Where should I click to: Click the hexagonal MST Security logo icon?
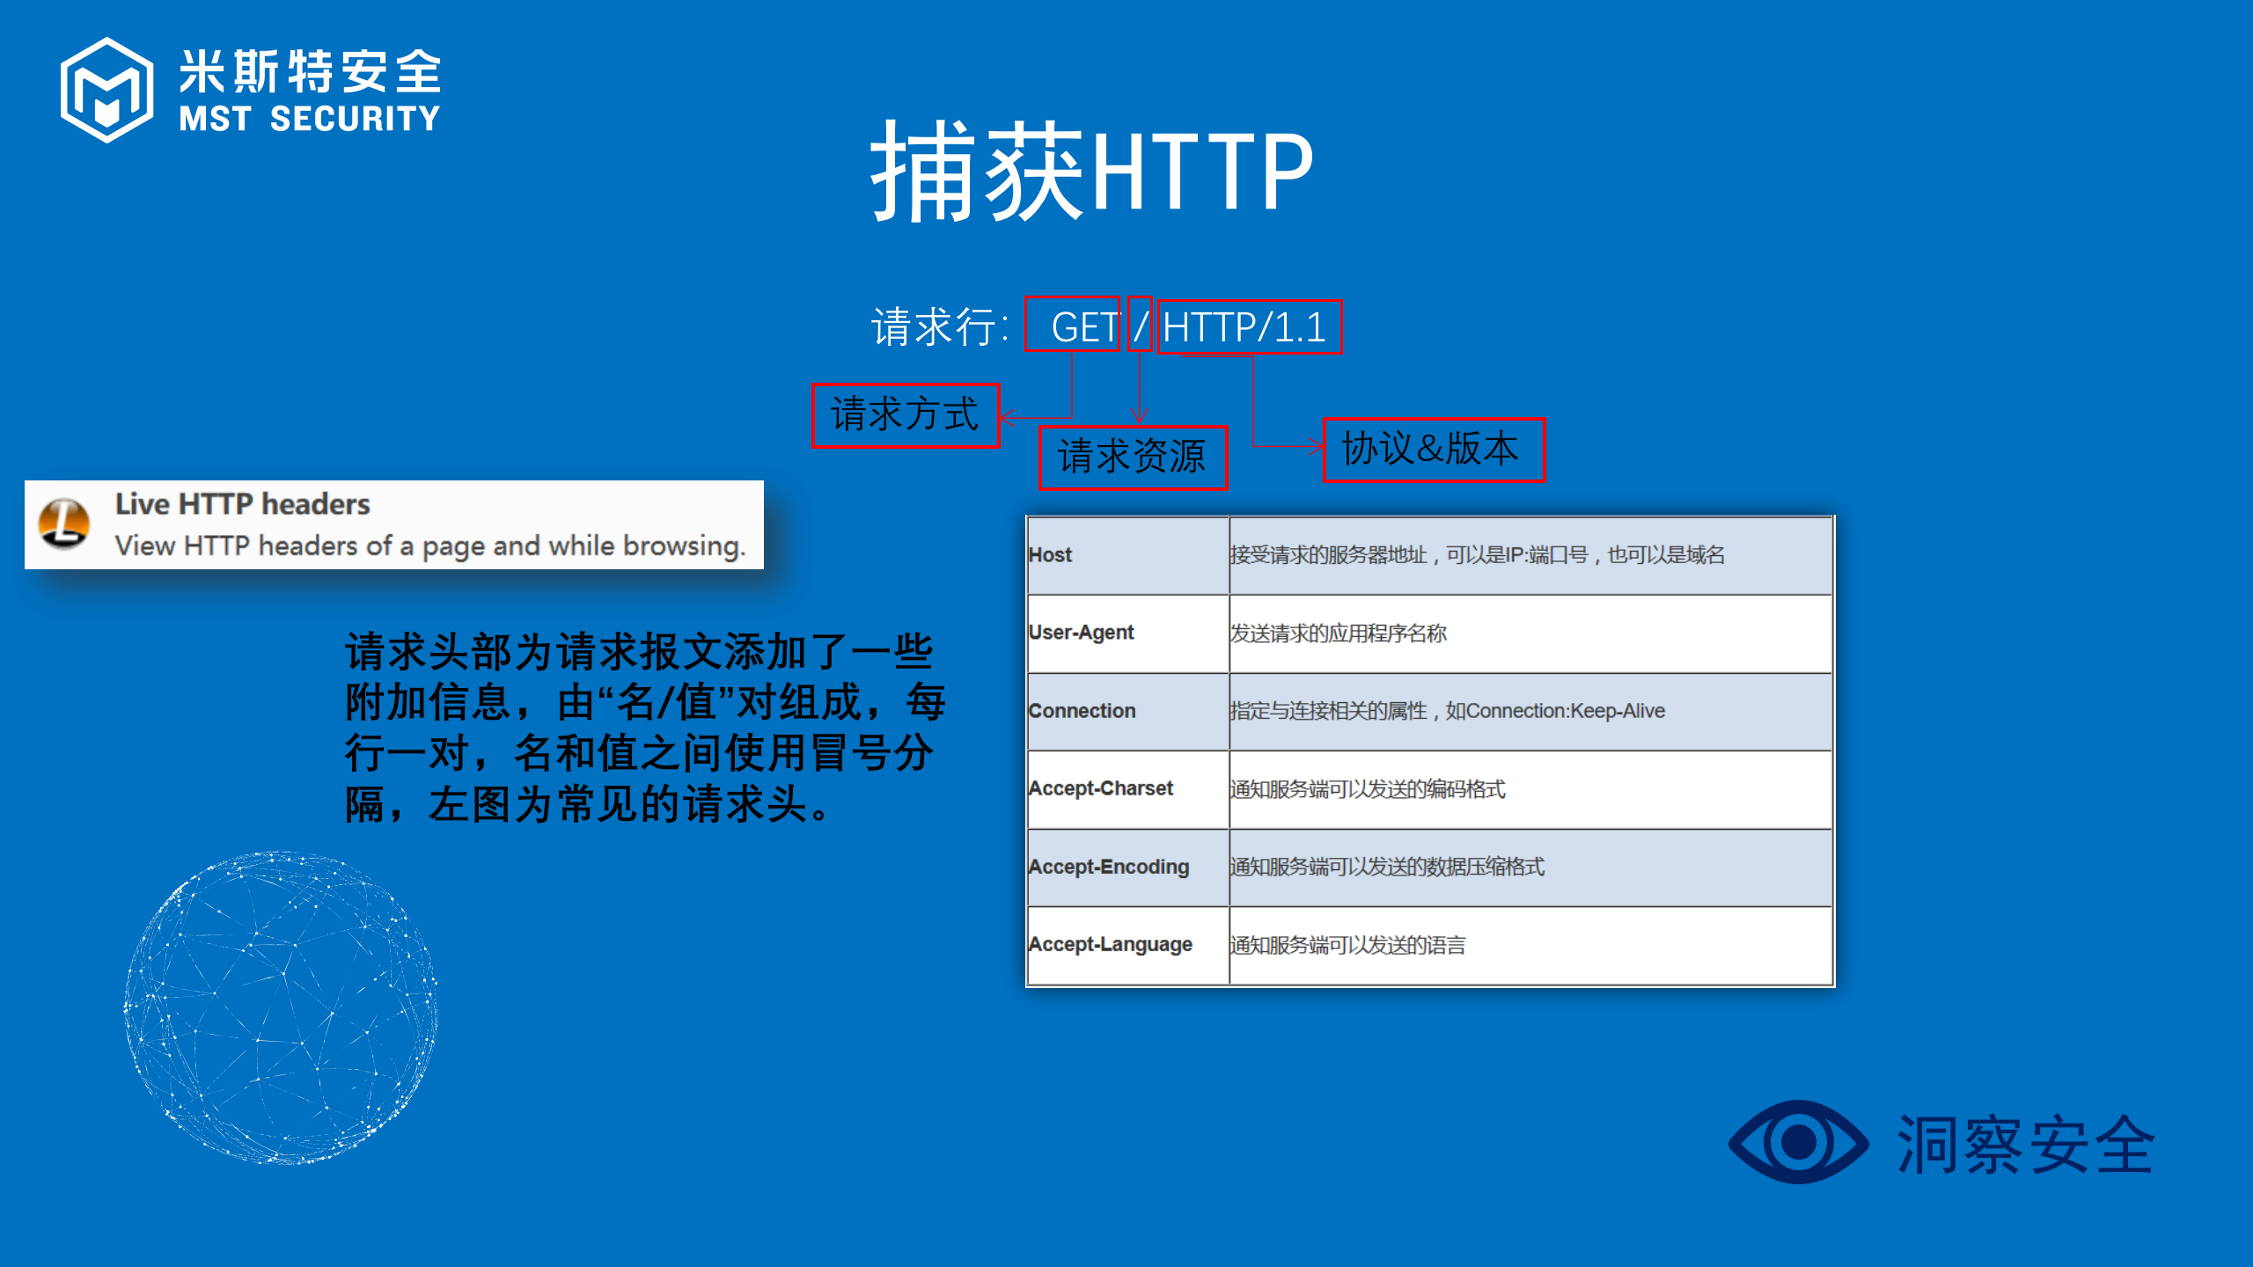[106, 90]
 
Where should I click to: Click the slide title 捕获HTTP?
[1091, 171]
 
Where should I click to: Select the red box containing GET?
[1072, 326]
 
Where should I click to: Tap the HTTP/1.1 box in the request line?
[1249, 327]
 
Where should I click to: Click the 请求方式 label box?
[905, 415]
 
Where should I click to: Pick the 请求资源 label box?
[1132, 458]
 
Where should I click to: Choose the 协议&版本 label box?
[1434, 450]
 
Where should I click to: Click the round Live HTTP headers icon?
[64, 524]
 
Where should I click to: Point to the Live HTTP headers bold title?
[242, 504]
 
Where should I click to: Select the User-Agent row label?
[1082, 633]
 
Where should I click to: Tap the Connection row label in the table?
[1082, 711]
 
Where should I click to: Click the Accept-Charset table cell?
[1101, 788]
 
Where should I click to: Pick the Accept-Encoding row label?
[1109, 867]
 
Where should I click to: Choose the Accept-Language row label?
[1111, 944]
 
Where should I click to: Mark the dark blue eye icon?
[1798, 1142]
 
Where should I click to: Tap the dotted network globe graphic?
[282, 1007]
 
